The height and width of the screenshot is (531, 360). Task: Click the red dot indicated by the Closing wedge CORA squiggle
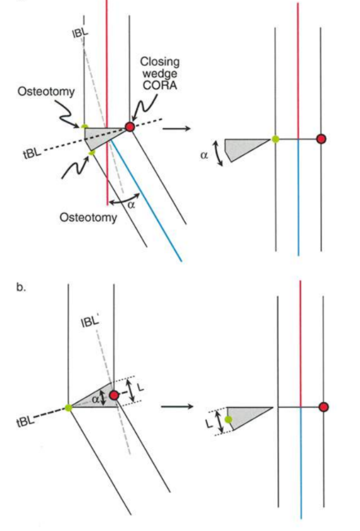pos(130,126)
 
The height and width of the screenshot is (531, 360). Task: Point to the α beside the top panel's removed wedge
pos(204,154)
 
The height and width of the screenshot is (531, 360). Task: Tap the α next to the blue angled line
pos(131,204)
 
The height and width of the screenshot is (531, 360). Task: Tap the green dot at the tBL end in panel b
pos(68,408)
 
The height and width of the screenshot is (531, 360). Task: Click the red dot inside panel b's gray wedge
pos(114,396)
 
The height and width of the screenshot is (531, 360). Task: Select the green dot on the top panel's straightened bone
pos(275,138)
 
